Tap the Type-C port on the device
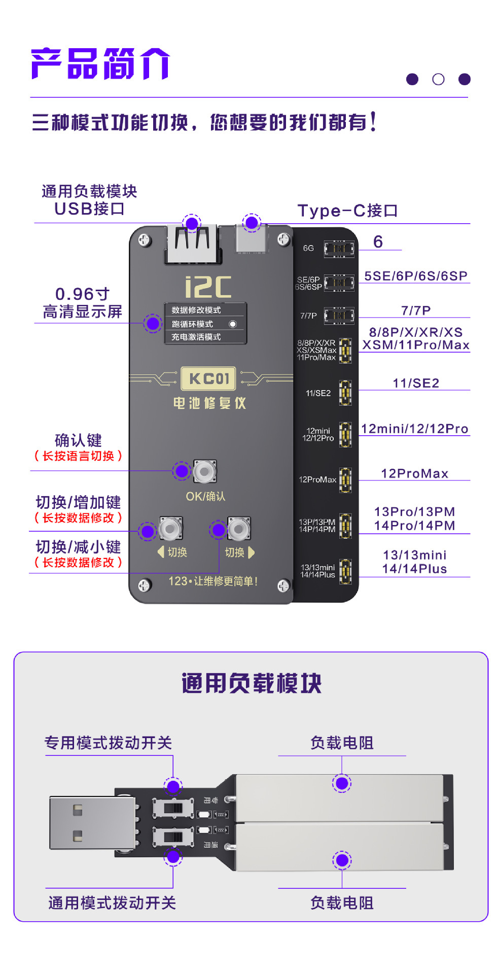pyautogui.click(x=251, y=238)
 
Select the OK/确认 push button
pyautogui.click(x=204, y=472)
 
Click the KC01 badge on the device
pyautogui.click(x=209, y=378)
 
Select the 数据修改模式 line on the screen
pyautogui.click(x=196, y=310)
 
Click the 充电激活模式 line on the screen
pyautogui.click(x=196, y=337)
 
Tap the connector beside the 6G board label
pyautogui.click(x=339, y=249)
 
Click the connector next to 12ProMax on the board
pyautogui.click(x=345, y=479)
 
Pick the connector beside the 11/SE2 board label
pyautogui.click(x=345, y=393)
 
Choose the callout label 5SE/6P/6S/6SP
pyautogui.click(x=416, y=276)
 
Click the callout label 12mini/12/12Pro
pyautogui.click(x=414, y=429)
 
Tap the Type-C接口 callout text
pyautogui.click(x=347, y=211)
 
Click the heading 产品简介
pyautogui.click(x=100, y=64)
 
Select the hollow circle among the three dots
pyautogui.click(x=438, y=79)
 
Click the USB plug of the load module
pyautogui.click(x=91, y=822)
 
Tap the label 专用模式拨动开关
pyautogui.click(x=108, y=743)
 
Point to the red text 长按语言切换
pyautogui.click(x=78, y=456)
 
